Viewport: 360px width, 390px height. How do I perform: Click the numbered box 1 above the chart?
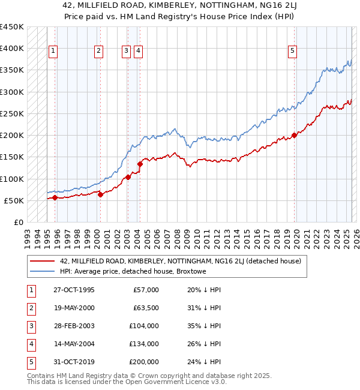coord(53,52)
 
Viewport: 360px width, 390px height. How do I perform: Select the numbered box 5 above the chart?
coord(292,52)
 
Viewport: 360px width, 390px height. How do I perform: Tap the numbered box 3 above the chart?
coord(126,52)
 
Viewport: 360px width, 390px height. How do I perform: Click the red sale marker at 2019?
coord(295,135)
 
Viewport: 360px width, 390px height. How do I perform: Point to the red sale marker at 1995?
coord(55,197)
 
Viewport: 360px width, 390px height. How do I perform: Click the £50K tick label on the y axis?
coord(13,200)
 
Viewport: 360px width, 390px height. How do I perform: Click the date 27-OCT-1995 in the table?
coord(74,290)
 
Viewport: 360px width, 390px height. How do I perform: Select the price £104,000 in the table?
coord(144,326)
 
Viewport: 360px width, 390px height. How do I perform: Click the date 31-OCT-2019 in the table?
coord(74,362)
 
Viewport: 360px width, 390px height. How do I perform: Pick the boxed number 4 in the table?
coord(30,344)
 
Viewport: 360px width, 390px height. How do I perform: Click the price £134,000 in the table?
coord(144,344)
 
